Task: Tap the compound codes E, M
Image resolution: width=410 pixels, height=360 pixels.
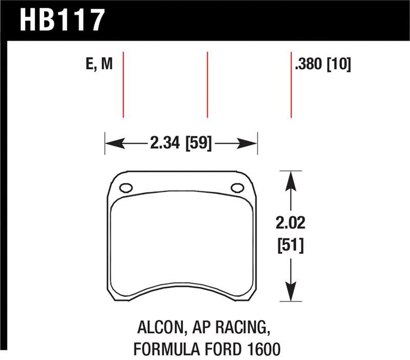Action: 99,64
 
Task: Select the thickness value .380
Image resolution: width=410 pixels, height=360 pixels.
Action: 309,65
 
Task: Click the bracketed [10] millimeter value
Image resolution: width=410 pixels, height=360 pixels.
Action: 339,65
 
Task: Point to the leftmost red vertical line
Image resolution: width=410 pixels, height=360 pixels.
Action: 124,84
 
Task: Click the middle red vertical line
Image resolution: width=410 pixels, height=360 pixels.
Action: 207,84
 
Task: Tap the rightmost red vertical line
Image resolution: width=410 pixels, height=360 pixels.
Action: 291,84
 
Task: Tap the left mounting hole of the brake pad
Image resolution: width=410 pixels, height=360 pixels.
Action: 126,188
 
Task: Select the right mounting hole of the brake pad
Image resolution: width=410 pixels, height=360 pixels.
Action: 237,188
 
